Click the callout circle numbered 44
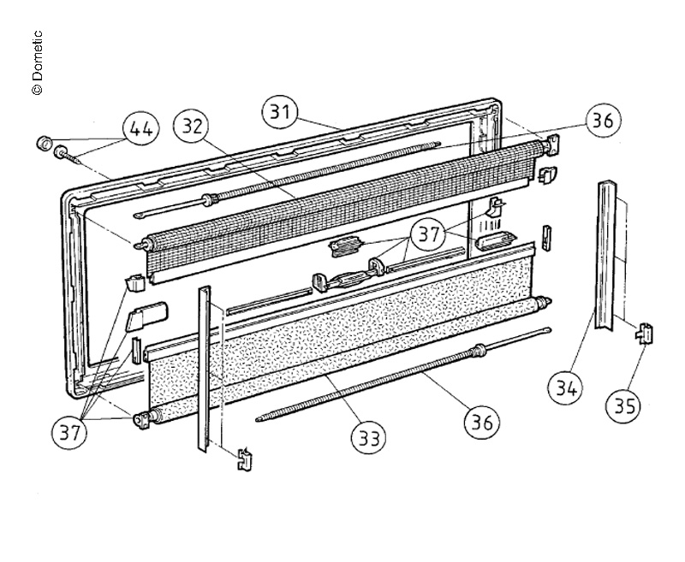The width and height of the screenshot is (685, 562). pos(141,129)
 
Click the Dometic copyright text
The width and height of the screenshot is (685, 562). pos(37,64)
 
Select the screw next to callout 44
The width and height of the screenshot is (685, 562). pos(72,156)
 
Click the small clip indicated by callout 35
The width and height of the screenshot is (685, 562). pos(642,332)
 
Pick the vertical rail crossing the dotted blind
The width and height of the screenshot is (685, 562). pos(205,368)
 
